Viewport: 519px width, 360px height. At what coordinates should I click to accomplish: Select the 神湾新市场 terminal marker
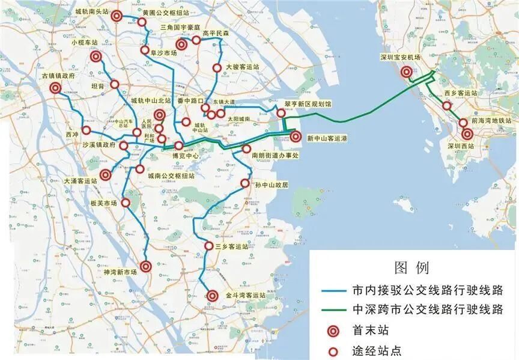146,266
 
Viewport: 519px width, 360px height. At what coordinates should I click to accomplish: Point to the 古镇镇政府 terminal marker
55,88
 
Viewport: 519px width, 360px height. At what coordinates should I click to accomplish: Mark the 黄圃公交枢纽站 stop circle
142,22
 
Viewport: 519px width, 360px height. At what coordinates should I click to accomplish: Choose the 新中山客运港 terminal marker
296,136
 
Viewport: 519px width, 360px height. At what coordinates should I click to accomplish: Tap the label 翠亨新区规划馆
308,104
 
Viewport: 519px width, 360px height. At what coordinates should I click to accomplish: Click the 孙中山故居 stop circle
244,183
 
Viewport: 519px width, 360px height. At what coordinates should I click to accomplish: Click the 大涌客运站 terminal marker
105,175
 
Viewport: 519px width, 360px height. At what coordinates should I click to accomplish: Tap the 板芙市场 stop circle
126,203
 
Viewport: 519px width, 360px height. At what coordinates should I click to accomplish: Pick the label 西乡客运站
461,93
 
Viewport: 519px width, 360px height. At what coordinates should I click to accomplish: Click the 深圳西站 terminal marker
467,133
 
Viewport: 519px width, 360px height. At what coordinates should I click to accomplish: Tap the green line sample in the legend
330,310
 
